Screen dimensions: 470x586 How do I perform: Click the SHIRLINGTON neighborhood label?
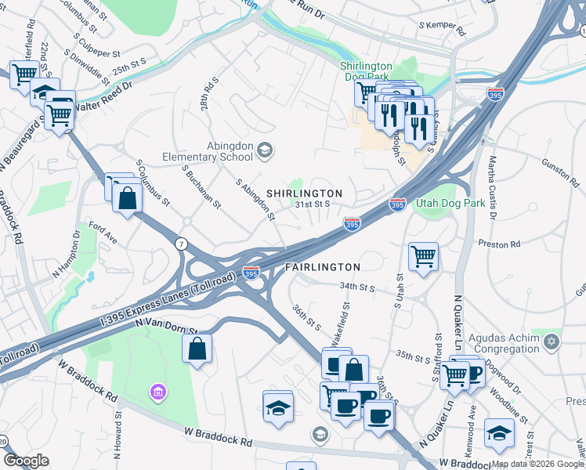304,193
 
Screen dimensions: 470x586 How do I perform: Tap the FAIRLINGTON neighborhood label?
322,267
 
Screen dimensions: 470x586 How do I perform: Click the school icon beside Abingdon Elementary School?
266,150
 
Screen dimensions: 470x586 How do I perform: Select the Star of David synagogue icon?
552,342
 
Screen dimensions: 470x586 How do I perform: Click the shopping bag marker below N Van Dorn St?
197,348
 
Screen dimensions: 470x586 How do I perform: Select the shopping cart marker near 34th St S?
423,255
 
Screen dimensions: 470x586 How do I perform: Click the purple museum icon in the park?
157,391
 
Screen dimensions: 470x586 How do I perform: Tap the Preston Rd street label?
505,244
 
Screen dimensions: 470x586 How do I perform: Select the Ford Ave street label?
103,233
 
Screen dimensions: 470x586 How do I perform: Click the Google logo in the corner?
26,461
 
